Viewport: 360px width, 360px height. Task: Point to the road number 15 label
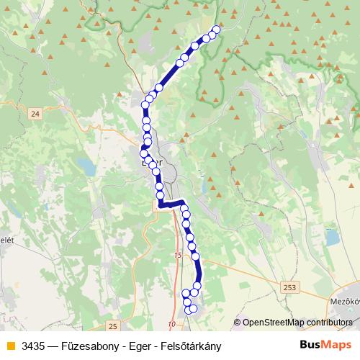pos(179,255)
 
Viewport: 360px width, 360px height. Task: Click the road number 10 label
pos(171,324)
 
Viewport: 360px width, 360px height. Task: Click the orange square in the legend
pos(9,346)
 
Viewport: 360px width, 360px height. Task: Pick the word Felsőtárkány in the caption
pos(190,346)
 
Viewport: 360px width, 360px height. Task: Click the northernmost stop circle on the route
pos(217,30)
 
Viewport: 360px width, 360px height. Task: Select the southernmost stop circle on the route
pos(189,310)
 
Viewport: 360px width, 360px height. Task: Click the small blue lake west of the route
pos(87,168)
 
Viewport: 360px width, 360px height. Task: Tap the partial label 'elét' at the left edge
pos(6,240)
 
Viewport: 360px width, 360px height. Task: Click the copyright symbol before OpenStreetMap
pos(238,323)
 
